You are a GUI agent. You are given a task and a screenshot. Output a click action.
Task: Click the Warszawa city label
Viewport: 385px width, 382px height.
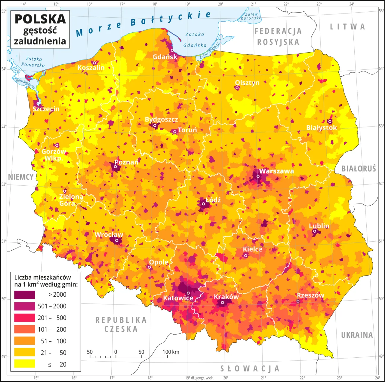pos(276,171)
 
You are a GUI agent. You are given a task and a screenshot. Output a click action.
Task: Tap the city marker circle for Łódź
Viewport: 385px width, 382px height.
pos(203,204)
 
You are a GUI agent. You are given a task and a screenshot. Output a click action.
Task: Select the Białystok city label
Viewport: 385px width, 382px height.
pos(322,127)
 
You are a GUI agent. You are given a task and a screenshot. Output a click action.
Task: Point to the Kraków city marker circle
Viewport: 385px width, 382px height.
pos(223,303)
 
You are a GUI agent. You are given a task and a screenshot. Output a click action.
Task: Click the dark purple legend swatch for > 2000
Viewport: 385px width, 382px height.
pos(24,295)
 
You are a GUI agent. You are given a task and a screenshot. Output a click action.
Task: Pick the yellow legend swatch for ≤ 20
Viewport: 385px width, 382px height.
pos(24,364)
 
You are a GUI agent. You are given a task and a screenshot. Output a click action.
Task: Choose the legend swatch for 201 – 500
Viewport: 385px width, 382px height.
pos(24,318)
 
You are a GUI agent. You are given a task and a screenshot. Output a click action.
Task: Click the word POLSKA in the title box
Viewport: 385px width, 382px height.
pos(40,19)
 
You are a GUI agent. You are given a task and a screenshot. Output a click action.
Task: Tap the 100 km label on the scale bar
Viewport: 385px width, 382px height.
pos(171,352)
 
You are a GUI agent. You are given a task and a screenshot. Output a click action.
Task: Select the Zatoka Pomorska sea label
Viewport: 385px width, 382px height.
pos(33,62)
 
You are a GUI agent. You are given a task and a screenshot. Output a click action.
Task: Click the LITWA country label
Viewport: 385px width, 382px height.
pos(347,27)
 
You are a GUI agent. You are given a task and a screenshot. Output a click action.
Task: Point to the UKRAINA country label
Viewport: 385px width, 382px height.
pos(357,335)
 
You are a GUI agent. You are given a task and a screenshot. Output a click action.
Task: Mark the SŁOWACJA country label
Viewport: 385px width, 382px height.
pos(250,368)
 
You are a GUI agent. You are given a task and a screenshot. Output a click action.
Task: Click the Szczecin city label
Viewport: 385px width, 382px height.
pos(46,109)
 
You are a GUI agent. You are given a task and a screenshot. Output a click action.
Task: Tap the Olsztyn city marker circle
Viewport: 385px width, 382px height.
pos(237,88)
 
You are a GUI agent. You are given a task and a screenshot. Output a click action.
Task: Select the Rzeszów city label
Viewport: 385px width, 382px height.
pos(310,295)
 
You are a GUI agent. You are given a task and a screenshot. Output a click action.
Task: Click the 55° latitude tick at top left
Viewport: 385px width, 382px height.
pos(4,11)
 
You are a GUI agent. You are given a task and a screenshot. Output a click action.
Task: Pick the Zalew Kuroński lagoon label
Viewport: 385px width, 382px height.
pos(251,16)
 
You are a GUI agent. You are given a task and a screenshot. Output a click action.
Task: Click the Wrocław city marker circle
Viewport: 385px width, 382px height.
pos(117,240)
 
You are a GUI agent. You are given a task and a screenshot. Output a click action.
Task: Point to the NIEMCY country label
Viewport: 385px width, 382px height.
pos(20,177)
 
